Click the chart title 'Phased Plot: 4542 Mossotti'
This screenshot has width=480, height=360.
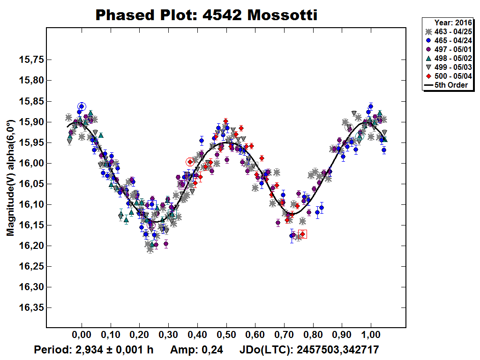coord(206,15)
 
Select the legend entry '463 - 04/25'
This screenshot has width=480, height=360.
coord(448,31)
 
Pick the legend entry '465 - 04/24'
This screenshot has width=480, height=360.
coord(448,40)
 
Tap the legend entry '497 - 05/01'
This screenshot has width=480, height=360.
coord(448,49)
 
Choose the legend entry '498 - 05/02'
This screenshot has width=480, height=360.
coord(448,58)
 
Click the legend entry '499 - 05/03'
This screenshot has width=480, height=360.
coord(448,67)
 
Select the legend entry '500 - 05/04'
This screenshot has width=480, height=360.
coord(448,76)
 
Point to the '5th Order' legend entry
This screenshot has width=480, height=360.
coord(448,85)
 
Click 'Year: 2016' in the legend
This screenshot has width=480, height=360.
coord(453,22)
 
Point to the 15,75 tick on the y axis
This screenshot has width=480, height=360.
coord(31,60)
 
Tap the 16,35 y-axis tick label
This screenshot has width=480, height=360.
coord(31,307)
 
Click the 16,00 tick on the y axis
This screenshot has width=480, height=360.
coord(31,163)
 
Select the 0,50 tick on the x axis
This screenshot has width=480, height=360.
coord(226,336)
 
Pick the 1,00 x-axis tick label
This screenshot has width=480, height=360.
coord(371,336)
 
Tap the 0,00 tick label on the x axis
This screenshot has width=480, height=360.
coord(82,336)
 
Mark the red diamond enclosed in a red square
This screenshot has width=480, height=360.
coord(302,234)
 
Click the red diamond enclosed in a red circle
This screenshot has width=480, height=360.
coord(190,162)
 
